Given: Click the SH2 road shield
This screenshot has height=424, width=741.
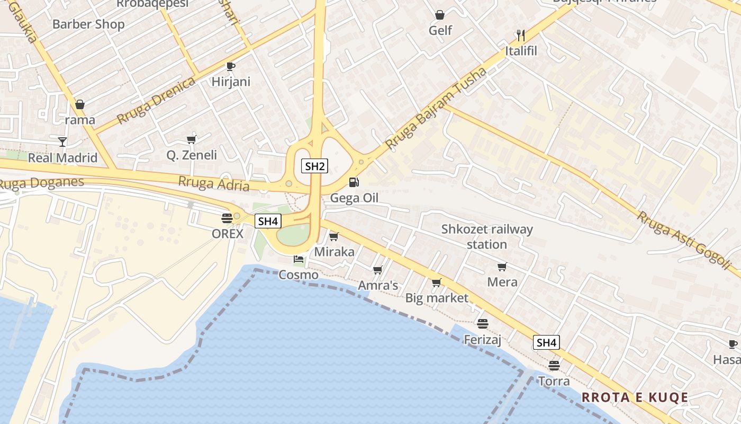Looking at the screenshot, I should tap(315, 166).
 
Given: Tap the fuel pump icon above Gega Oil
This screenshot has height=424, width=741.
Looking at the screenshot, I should tap(354, 182).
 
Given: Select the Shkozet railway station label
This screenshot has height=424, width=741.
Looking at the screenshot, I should tap(487, 237).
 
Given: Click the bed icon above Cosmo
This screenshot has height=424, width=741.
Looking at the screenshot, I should tap(299, 259).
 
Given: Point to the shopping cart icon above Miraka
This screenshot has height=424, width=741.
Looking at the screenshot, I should tap(333, 236).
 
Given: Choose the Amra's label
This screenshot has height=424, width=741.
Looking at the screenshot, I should tap(378, 286).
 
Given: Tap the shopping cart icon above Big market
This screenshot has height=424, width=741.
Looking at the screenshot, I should tap(436, 282).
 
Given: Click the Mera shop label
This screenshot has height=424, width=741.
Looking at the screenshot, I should tap(502, 282).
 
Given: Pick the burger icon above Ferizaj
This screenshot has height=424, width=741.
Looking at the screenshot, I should tap(482, 323).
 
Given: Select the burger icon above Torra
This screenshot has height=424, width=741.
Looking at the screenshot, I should tap(554, 365).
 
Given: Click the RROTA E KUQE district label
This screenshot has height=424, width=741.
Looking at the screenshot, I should tap(635, 397).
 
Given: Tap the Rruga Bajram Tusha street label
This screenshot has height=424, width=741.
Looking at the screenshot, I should tap(436, 109).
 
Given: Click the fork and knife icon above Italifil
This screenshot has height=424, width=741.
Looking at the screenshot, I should tap(521, 36).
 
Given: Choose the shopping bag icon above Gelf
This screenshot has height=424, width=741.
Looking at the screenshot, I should tap(440, 15).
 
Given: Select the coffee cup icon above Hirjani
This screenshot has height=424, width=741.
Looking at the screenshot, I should tap(230, 66).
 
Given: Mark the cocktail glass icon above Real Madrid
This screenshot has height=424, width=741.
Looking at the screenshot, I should tap(62, 142).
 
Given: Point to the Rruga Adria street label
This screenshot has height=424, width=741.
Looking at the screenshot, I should tap(214, 183).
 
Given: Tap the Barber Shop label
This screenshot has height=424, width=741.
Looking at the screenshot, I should tap(88, 24).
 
